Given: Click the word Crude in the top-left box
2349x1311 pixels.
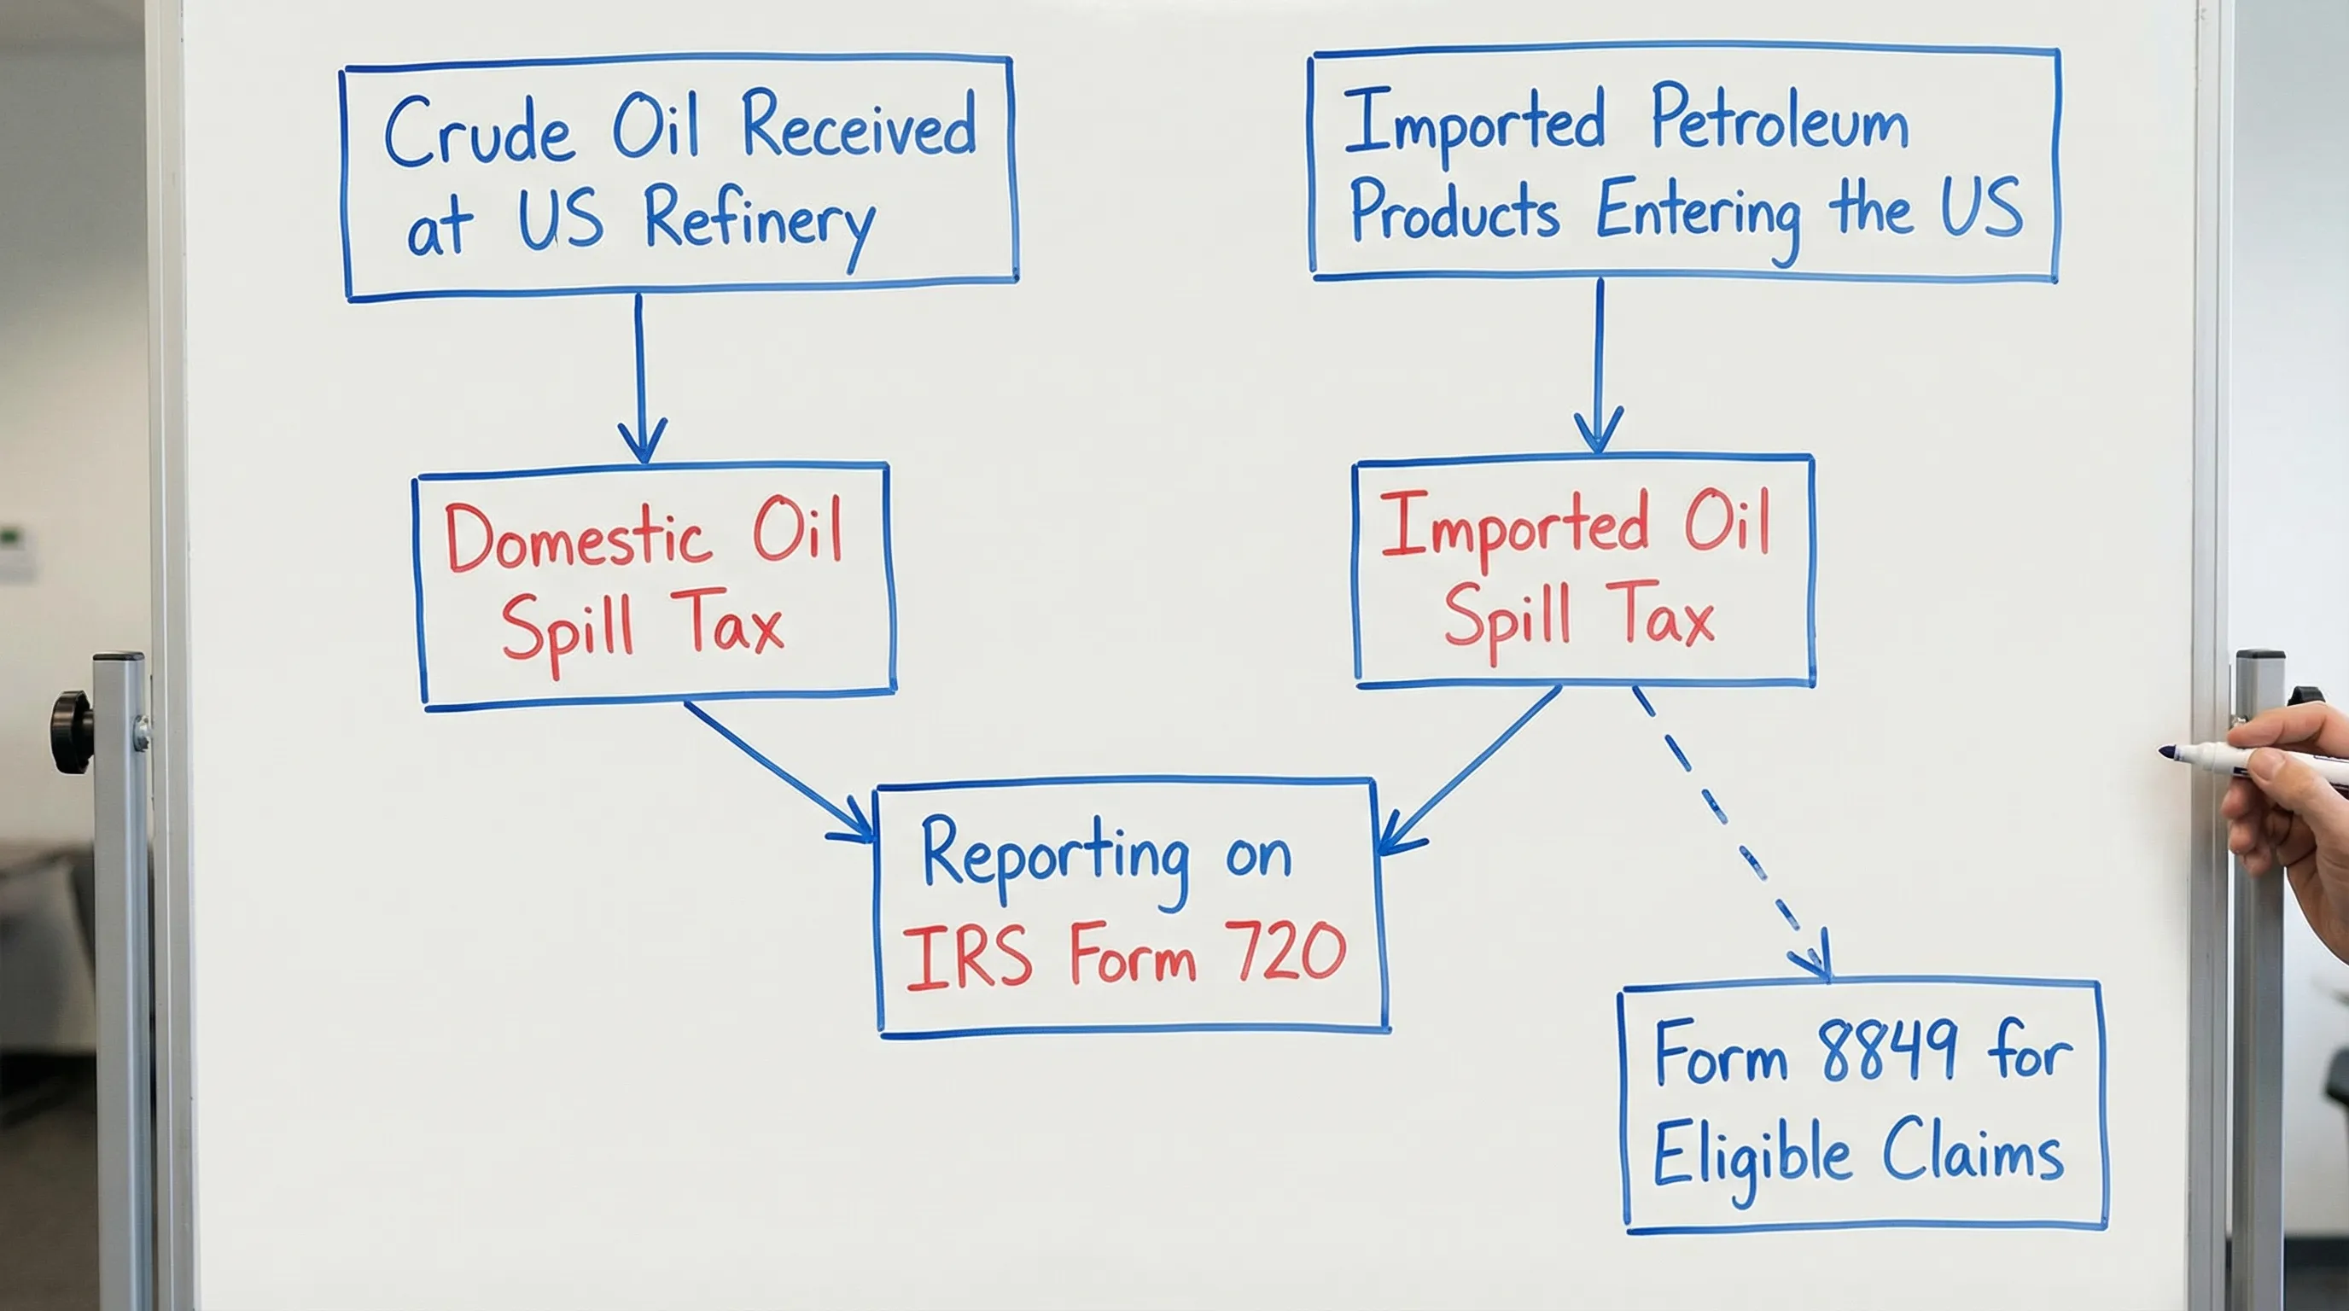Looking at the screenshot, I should (479, 133).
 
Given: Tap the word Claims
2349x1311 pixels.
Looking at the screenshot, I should (1972, 1151).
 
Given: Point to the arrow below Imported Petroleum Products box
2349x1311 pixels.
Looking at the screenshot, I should (1600, 364).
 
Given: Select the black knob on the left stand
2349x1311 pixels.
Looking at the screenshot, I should (70, 731).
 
